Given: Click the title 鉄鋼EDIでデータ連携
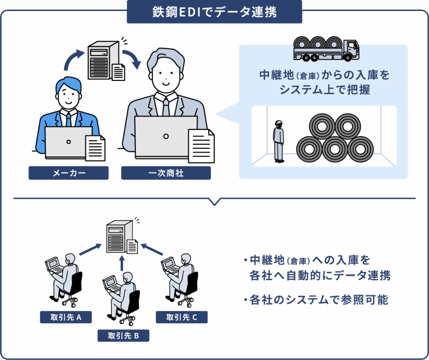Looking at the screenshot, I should tap(214, 12).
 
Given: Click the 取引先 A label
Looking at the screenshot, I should tap(66, 317).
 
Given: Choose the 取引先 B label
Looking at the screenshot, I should tap(123, 336).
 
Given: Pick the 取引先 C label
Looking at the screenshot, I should tap(181, 317).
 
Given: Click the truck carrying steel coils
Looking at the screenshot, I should tap(326, 47).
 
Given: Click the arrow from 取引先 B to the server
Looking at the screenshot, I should tap(122, 264).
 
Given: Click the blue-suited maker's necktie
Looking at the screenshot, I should tap(68, 119).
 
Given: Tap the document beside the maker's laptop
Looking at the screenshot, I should tap(95, 148).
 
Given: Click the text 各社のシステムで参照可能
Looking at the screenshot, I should tap(319, 300).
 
